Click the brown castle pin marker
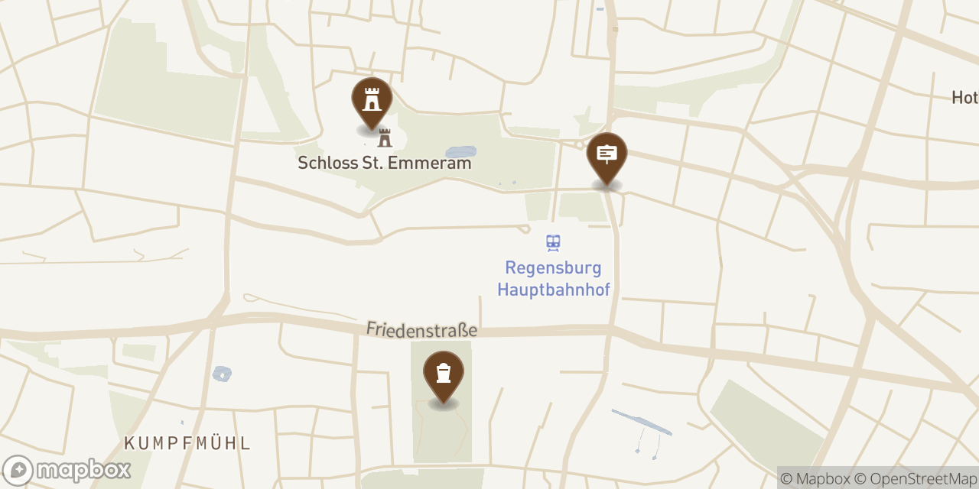[372, 100]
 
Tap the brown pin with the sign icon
[607, 155]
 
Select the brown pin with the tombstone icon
[444, 374]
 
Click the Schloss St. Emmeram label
[384, 163]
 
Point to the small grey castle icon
[385, 138]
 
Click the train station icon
[553, 243]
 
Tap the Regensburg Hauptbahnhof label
[553, 279]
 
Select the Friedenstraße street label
[421, 329]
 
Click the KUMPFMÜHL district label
[187, 443]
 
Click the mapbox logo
[67, 470]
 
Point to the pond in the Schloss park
[460, 152]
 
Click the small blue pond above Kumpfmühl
[222, 374]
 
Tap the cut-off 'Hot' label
[964, 98]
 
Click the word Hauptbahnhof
[553, 290]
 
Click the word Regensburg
[553, 268]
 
